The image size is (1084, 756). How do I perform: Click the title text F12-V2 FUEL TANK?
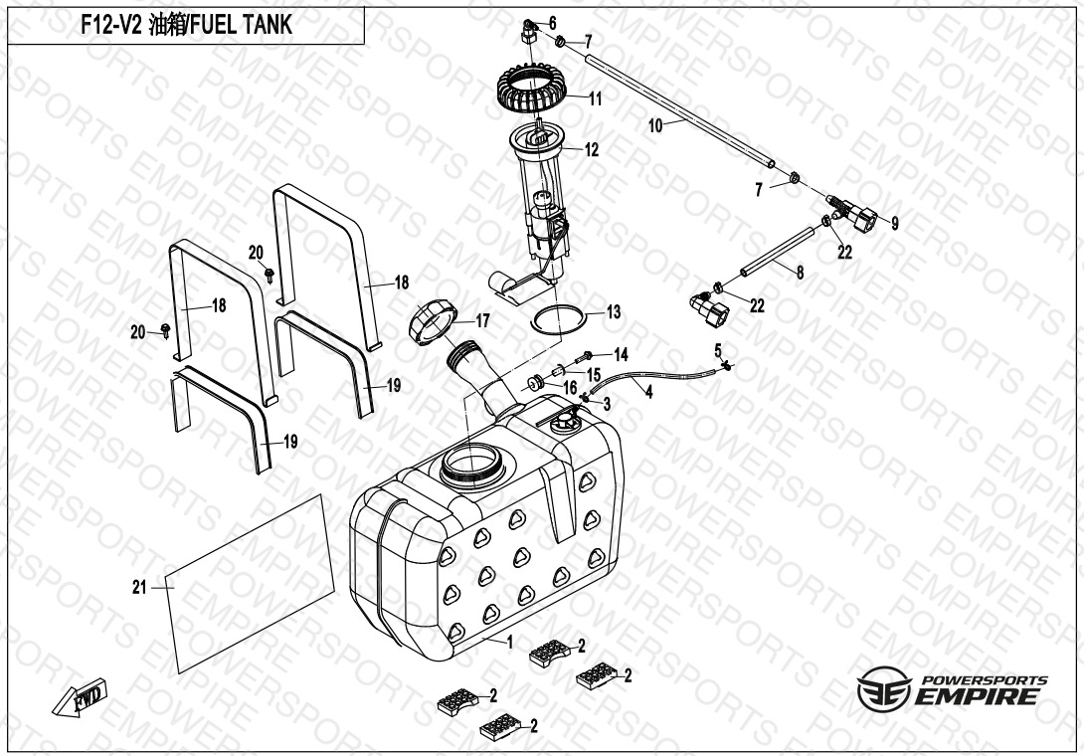[x=186, y=26]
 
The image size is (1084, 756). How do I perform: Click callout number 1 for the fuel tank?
[x=510, y=643]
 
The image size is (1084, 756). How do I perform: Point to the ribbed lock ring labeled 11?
[x=536, y=94]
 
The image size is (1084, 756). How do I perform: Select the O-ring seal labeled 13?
[x=560, y=319]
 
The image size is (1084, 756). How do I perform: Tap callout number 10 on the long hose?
[x=655, y=125]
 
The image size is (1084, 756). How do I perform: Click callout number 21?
[x=139, y=587]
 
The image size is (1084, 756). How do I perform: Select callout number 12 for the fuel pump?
[x=592, y=151]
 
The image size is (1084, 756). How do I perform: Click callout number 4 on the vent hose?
[x=648, y=393]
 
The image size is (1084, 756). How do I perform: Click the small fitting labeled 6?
[x=527, y=32]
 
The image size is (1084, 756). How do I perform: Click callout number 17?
[x=482, y=320]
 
